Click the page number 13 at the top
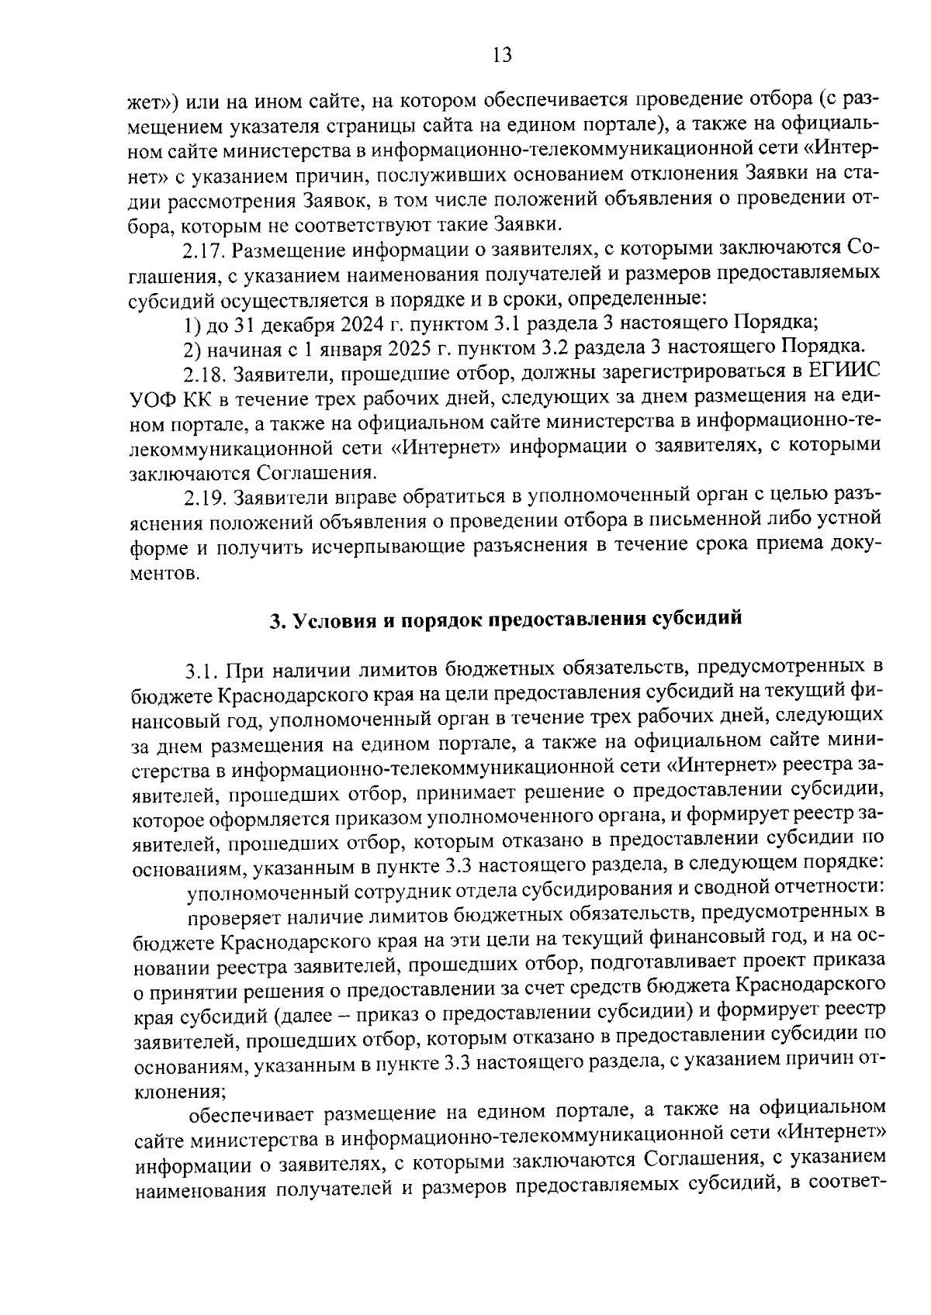501,55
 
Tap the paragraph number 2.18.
205,374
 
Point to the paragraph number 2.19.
205,496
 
